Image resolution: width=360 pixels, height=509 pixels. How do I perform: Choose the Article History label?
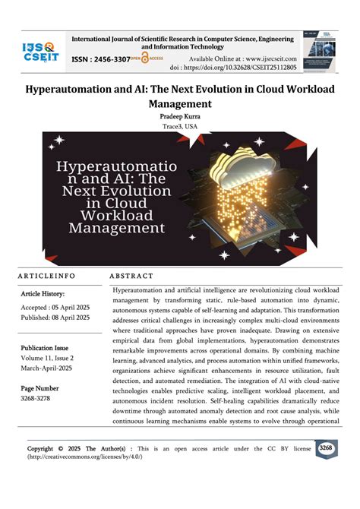(43, 293)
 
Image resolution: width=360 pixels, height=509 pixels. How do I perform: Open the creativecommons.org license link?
(84, 456)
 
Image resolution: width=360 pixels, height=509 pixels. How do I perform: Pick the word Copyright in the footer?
(40, 448)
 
